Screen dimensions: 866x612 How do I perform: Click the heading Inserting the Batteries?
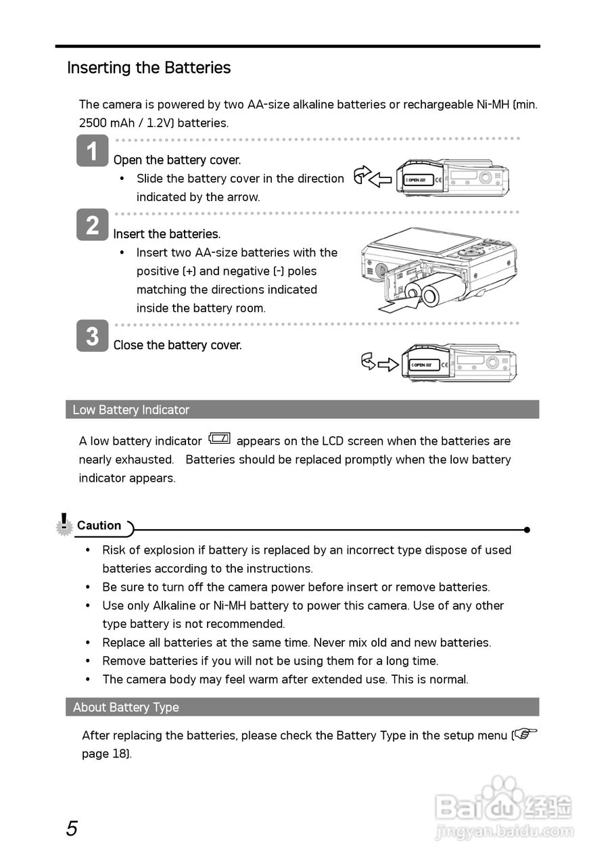(x=149, y=68)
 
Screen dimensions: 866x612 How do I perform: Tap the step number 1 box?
(x=92, y=150)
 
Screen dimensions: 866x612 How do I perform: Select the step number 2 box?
(x=92, y=225)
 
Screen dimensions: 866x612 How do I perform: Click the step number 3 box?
(x=92, y=336)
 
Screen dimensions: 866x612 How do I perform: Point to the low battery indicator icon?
(x=220, y=438)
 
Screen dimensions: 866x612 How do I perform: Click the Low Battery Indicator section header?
(x=131, y=409)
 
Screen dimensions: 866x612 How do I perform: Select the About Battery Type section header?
(x=126, y=707)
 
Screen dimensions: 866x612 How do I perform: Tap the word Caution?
(x=99, y=526)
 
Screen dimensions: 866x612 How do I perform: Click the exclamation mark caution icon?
(x=64, y=524)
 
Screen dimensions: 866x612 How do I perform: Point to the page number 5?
(x=72, y=828)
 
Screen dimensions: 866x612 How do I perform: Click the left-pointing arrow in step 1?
(x=380, y=180)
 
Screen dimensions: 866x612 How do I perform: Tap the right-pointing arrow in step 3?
(x=387, y=365)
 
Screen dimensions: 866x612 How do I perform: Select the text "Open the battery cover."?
(x=177, y=160)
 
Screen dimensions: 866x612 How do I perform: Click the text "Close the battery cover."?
(x=177, y=345)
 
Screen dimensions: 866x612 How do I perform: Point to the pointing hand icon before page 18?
(x=525, y=734)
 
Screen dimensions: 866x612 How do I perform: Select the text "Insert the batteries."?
(x=167, y=234)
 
